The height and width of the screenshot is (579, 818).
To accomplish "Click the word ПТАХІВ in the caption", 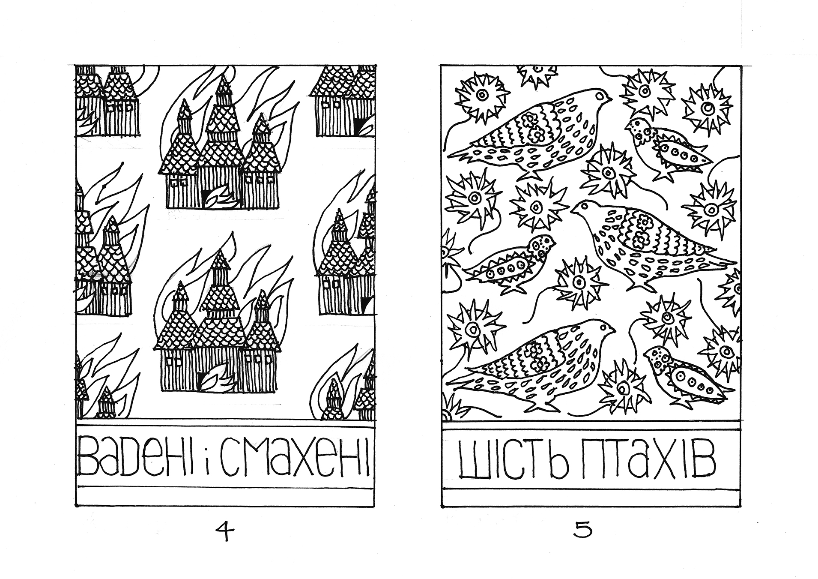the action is (645, 462).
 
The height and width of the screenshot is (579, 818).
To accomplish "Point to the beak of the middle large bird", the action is (574, 210).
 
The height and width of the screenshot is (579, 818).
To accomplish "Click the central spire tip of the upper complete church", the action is (223, 77).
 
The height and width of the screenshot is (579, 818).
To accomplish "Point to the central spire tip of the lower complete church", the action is (221, 253).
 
